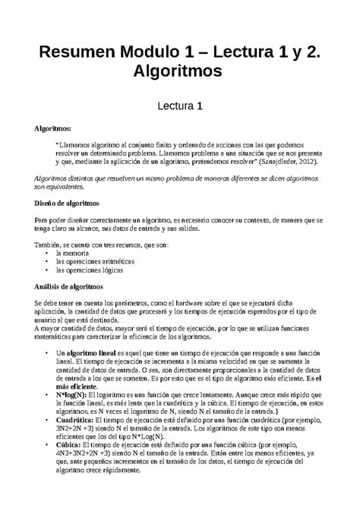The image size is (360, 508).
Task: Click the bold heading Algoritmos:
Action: tap(46, 131)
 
